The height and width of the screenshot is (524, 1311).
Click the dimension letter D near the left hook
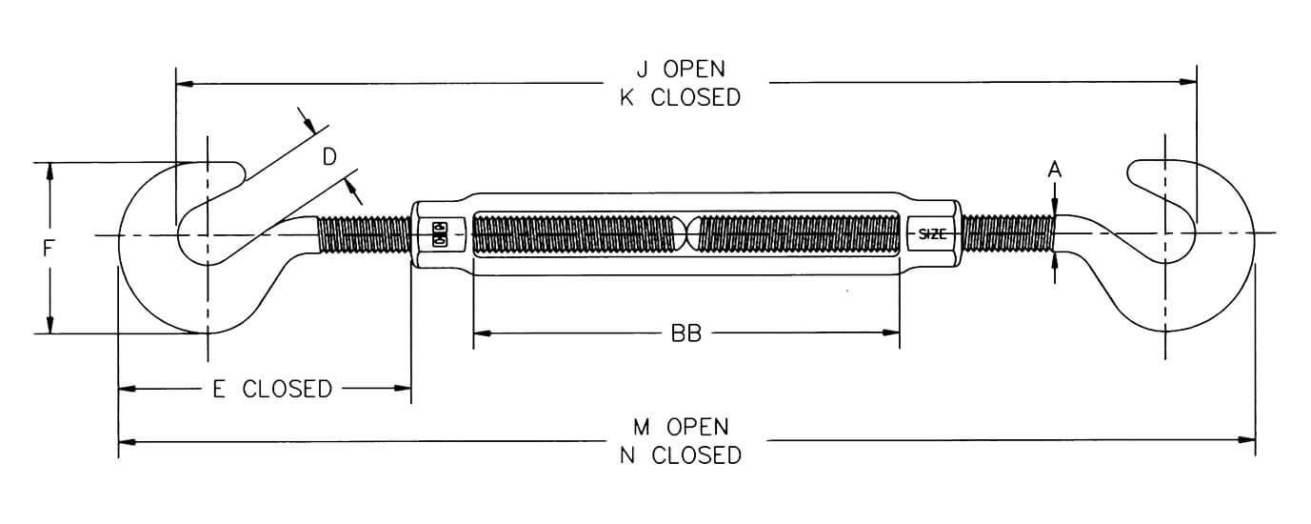coord(329,157)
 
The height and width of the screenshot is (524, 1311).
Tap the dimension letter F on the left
coord(48,249)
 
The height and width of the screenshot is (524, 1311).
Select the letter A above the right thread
coord(1054,170)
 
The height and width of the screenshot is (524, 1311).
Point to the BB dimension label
coord(685,333)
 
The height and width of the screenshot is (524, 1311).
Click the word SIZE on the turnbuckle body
coord(932,234)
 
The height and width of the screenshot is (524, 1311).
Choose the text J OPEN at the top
coord(681,70)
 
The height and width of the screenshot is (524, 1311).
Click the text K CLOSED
coord(680,98)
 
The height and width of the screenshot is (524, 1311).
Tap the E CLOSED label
coord(272,389)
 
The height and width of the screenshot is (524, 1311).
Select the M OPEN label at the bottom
coord(681,427)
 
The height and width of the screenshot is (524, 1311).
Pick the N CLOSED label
coord(681,455)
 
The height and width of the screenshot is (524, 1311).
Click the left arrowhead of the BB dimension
coord(482,333)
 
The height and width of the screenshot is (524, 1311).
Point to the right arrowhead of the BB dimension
coord(891,333)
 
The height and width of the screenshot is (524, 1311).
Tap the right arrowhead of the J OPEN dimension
coord(1187,82)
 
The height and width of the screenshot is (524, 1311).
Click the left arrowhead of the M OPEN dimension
coord(128,441)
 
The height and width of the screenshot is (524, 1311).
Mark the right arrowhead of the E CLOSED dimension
coord(402,388)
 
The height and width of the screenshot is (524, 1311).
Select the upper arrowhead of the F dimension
coord(50,171)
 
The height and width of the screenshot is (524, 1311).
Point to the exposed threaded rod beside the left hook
coord(365,234)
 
